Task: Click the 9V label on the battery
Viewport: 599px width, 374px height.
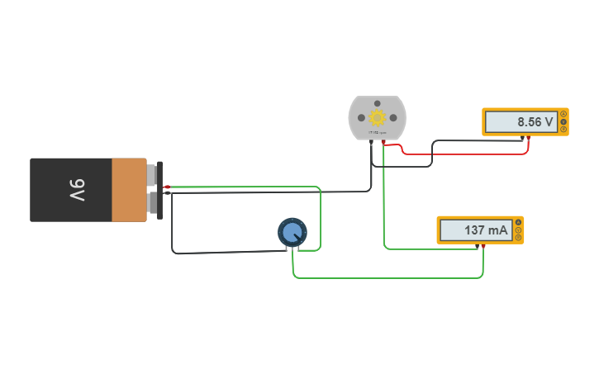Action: pos(77,190)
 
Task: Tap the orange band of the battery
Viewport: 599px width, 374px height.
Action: pos(129,190)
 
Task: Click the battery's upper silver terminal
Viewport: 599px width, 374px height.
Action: pos(151,175)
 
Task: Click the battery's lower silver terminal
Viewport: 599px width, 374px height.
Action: pos(151,203)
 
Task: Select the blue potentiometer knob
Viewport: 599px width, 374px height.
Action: pos(292,232)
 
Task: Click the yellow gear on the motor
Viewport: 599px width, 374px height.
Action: pos(378,117)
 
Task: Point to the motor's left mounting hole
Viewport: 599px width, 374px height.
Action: pos(362,117)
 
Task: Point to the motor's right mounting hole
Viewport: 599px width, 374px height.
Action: pos(393,117)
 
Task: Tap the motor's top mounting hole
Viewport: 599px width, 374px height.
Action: pos(378,102)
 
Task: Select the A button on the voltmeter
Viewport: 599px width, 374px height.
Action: pos(563,114)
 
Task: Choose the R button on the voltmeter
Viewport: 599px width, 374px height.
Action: pos(563,130)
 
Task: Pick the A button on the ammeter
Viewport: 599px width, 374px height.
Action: pos(518,222)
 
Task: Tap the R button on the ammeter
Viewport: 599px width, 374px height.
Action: pos(518,238)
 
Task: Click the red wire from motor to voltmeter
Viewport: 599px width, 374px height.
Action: pos(463,153)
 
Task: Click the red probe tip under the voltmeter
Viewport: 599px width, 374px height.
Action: pos(528,138)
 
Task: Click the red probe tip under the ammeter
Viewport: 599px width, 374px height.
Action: pos(483,246)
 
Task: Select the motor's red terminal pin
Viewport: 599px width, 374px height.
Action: pos(383,143)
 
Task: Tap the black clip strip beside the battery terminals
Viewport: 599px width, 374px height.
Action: pos(159,190)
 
